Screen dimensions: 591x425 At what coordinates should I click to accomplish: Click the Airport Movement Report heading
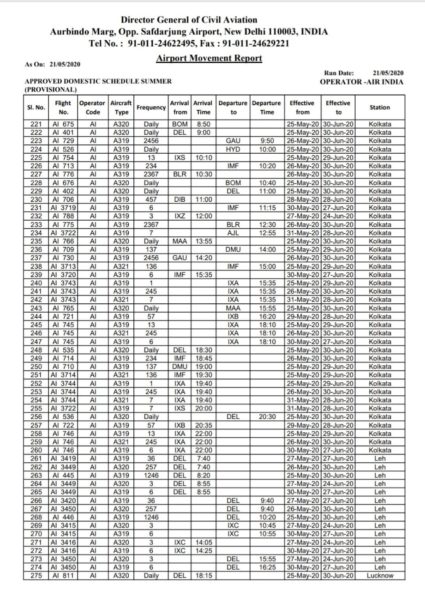pos(209,58)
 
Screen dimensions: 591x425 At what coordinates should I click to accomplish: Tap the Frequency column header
pos(151,107)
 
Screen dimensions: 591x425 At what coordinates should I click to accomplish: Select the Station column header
pos(380,107)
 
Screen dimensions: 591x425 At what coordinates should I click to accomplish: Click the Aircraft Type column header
pos(121,107)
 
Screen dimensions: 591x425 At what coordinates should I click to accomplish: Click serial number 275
pos(36,576)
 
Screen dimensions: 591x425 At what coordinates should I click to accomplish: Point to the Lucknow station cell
pos(380,576)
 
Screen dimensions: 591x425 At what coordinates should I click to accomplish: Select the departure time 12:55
pos(267,233)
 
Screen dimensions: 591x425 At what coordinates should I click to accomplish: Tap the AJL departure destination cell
pos(233,233)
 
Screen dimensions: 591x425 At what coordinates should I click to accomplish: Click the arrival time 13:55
pos(203,241)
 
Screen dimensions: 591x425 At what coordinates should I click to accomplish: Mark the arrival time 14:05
pos(203,543)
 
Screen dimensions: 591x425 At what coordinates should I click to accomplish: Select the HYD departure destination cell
pos(233,149)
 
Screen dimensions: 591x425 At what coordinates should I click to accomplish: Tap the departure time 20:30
pos(267,416)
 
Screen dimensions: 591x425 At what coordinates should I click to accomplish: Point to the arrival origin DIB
pos(180,199)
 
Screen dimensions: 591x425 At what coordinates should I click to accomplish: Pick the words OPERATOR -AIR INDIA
pos(361,82)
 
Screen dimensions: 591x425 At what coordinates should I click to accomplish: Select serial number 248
pos(36,350)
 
